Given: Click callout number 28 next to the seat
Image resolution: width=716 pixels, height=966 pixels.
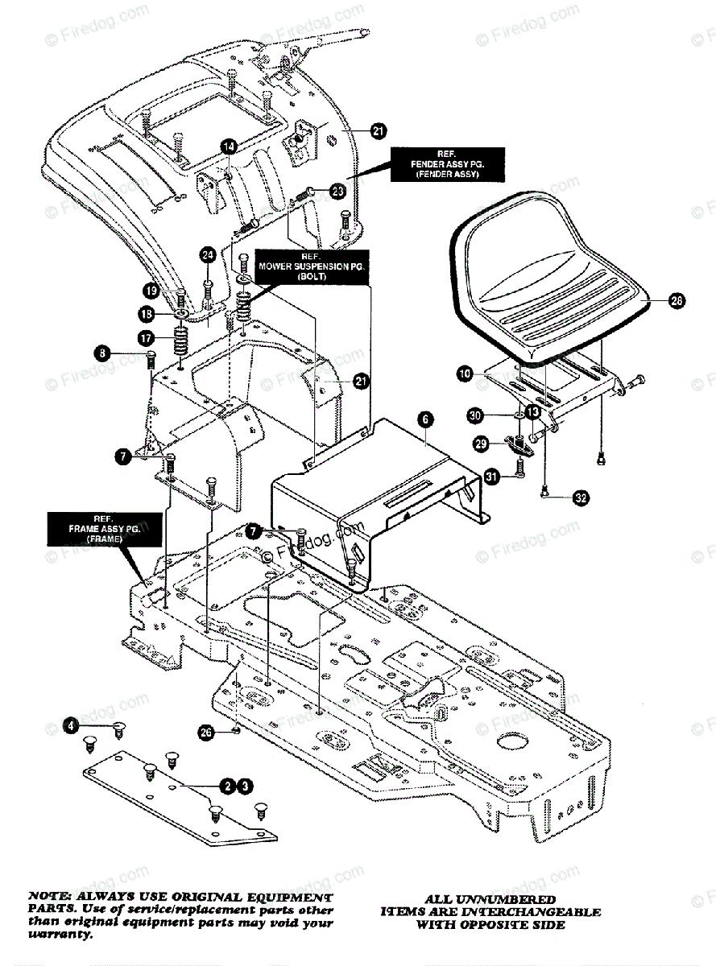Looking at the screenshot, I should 675,301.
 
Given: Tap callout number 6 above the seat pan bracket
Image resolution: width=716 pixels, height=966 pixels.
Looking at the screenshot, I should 425,418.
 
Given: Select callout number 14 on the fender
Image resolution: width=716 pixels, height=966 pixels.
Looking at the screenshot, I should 229,147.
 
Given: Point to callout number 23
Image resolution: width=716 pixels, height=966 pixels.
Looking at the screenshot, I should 337,191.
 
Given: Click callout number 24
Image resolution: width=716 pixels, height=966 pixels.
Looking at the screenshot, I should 208,256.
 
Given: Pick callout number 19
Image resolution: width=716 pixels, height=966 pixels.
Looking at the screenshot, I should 151,291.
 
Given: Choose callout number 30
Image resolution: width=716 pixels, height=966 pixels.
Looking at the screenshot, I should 476,415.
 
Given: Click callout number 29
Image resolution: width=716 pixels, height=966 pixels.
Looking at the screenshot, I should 480,444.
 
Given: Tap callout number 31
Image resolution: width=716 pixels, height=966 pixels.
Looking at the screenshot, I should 491,477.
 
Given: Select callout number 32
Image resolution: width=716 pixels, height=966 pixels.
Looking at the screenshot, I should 581,497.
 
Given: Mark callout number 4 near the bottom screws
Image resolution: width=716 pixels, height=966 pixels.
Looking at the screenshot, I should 72,725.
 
